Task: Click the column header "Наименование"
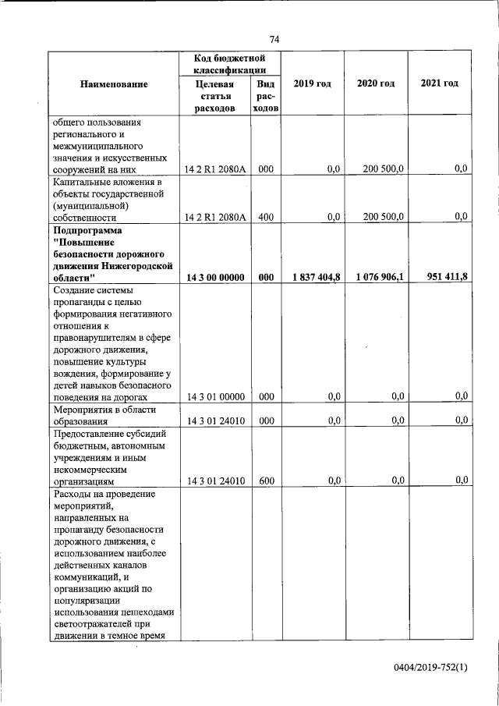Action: [114, 83]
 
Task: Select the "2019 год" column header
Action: [312, 83]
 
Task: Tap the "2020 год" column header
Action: [376, 83]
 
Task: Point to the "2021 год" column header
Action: [439, 83]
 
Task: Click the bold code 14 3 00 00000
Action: [214, 277]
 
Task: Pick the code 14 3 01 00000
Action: [214, 396]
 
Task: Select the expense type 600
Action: [265, 481]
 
